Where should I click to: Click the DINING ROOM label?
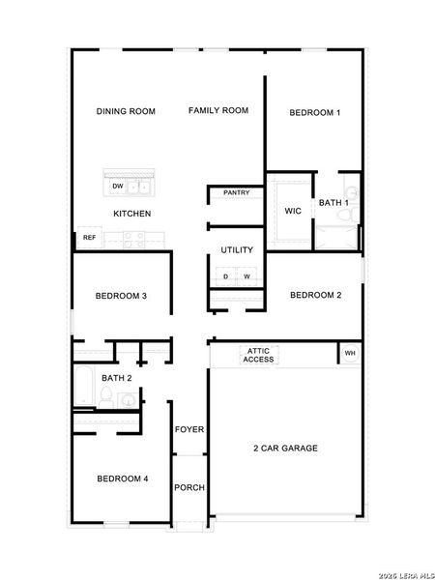126,111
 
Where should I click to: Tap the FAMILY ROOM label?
217,110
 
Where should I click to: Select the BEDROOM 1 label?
315,113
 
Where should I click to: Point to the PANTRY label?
237,192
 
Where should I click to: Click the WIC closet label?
293,211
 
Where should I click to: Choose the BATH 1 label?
334,202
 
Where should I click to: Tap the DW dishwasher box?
118,186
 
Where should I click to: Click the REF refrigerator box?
89,237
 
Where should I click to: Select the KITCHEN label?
132,214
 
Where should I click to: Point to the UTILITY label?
237,249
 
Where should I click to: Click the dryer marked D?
226,276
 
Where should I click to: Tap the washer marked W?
246,276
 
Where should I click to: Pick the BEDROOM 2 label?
315,295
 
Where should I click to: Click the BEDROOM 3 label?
121,296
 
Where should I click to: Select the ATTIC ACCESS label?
258,355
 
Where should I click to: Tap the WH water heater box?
350,354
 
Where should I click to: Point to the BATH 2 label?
117,378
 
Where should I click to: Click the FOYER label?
188,428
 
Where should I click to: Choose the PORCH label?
188,487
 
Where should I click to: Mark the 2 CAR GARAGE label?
285,448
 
